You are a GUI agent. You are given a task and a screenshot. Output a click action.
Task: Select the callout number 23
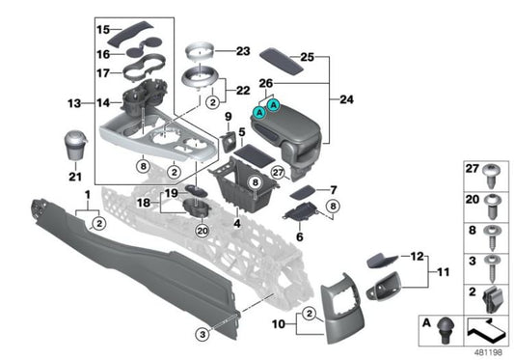click(241, 50)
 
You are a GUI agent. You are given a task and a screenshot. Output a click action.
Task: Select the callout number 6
click(299, 235)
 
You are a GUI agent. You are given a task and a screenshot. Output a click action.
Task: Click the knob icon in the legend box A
click(446, 329)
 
